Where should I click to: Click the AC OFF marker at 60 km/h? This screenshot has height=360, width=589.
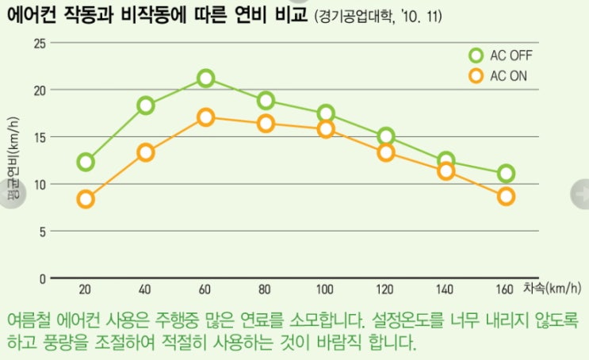(206, 78)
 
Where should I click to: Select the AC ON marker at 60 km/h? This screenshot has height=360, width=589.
(206, 117)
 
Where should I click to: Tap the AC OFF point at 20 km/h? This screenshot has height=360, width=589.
(86, 162)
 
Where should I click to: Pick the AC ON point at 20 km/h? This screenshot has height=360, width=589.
(86, 199)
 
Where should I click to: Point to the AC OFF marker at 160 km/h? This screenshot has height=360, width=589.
(506, 174)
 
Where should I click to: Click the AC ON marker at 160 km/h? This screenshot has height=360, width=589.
(506, 196)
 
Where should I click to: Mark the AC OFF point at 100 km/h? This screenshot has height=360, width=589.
(326, 113)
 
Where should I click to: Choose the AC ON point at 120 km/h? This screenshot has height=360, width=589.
(386, 153)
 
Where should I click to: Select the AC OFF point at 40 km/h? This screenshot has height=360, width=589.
(146, 105)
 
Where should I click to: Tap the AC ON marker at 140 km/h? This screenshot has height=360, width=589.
(446, 170)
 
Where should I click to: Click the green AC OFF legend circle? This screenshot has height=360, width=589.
(476, 56)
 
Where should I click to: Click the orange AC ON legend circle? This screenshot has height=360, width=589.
(476, 76)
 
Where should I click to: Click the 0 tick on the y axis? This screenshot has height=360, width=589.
(42, 278)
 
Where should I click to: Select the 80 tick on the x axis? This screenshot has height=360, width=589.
(266, 290)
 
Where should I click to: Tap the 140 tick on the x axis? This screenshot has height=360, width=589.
(446, 290)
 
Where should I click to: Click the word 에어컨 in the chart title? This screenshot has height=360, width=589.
(36, 15)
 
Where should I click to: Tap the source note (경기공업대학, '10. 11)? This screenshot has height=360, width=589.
(385, 17)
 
